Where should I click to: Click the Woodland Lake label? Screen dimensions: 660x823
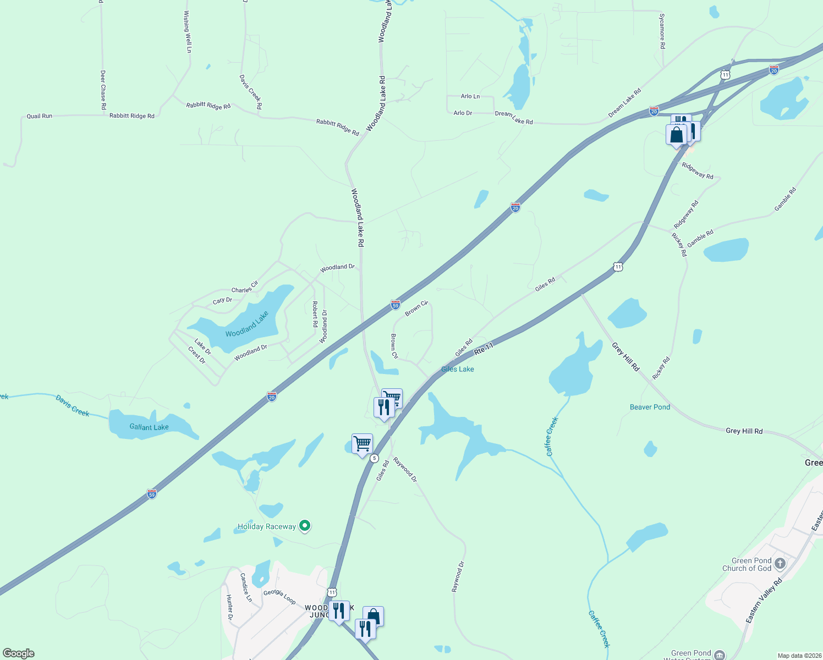[x=247, y=324]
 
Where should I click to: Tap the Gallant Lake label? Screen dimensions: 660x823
[x=149, y=427]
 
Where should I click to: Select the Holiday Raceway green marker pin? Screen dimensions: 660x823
[x=305, y=526]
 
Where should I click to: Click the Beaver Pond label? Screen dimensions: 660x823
[x=650, y=407]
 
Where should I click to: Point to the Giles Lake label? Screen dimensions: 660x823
[x=457, y=369]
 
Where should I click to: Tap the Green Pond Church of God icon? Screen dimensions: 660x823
[x=780, y=563]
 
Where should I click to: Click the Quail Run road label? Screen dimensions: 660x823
[x=40, y=116]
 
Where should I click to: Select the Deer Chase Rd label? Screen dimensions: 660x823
[x=103, y=90]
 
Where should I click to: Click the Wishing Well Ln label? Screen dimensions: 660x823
[x=188, y=32]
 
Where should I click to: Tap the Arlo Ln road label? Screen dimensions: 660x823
[x=470, y=96]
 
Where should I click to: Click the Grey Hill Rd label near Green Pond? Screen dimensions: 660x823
[x=744, y=431]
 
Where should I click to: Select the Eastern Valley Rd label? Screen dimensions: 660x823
[x=764, y=601]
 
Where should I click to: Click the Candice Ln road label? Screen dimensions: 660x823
[x=245, y=587]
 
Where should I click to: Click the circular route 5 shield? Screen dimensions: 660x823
[x=375, y=458]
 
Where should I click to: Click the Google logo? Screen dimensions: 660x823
[x=19, y=653]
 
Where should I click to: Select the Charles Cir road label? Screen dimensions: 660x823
[x=244, y=288]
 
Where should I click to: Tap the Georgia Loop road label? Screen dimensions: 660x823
[x=279, y=596]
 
